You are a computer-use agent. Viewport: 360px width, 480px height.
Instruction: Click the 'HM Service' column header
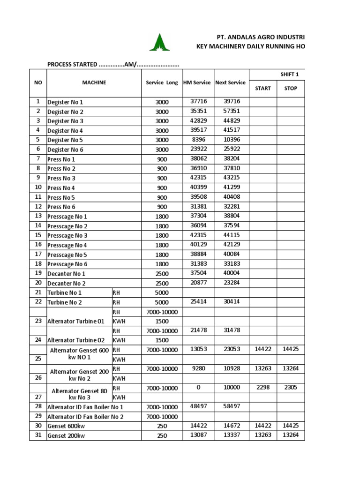coord(196,82)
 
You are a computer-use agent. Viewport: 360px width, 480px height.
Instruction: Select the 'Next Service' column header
coord(230,82)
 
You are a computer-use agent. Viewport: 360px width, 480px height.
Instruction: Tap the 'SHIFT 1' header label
coord(289,74)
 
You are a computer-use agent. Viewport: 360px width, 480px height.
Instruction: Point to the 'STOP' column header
coord(291,88)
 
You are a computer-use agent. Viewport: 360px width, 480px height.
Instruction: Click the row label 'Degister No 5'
coord(65,140)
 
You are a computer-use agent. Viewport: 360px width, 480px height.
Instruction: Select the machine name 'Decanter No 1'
coord(67,274)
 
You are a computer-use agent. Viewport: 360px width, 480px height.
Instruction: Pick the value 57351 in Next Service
coord(232,111)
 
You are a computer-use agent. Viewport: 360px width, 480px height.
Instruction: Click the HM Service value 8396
coord(198,140)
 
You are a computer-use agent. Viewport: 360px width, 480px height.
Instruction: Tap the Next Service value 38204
coord(232,159)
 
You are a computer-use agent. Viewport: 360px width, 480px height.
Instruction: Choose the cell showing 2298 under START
coord(262,388)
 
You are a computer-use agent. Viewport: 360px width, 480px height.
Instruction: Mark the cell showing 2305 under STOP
coord(290,388)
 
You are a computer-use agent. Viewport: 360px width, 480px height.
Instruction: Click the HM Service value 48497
coord(198,406)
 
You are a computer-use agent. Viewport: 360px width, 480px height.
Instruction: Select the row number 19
coord(38,273)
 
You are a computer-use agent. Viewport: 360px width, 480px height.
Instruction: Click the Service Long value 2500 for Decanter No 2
coord(162,283)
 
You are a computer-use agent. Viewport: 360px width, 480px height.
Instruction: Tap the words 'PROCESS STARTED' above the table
coord(72,64)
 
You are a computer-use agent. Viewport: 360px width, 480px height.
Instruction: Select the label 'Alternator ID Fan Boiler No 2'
coord(86,417)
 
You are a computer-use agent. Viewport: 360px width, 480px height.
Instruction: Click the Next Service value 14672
coord(232,426)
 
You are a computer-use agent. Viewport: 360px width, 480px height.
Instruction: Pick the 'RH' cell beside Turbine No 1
coord(117,292)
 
